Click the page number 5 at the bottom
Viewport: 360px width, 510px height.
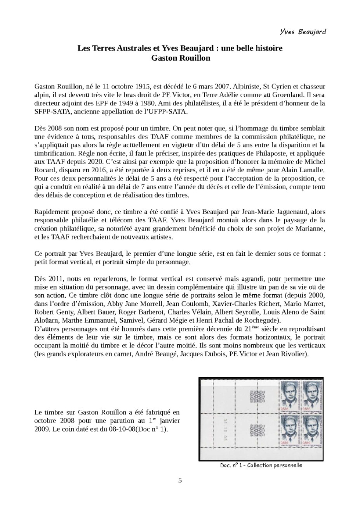pyautogui.click(x=180, y=480)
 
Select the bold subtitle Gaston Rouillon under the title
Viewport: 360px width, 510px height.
pyautogui.click(x=180, y=58)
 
